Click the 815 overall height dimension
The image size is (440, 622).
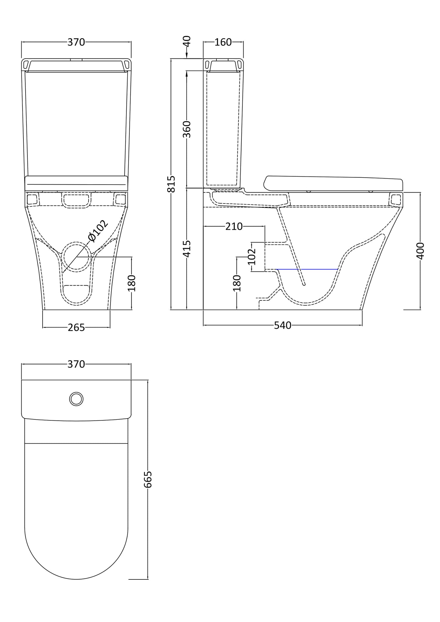tap(172, 184)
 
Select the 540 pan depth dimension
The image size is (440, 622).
tap(282, 325)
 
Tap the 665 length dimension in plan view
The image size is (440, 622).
tap(148, 479)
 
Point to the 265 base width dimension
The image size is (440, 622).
tap(76, 328)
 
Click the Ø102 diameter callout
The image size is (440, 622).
tap(97, 231)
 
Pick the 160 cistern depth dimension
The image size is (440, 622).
tap(223, 42)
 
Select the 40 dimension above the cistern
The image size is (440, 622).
tap(187, 41)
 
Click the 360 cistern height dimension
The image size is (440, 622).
tap(187, 129)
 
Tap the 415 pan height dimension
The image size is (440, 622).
tap(187, 248)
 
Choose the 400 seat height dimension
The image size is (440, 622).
tap(420, 251)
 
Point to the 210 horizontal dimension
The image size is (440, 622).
tap(234, 227)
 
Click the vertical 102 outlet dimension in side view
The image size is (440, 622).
tap(252, 256)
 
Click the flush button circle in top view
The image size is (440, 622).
tap(76, 399)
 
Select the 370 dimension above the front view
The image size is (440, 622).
tap(76, 42)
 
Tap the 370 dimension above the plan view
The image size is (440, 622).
tap(76, 364)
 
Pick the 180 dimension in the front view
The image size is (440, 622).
tap(132, 283)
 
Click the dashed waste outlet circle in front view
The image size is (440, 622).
tap(76, 257)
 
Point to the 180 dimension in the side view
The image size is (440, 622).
tap(237, 283)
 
